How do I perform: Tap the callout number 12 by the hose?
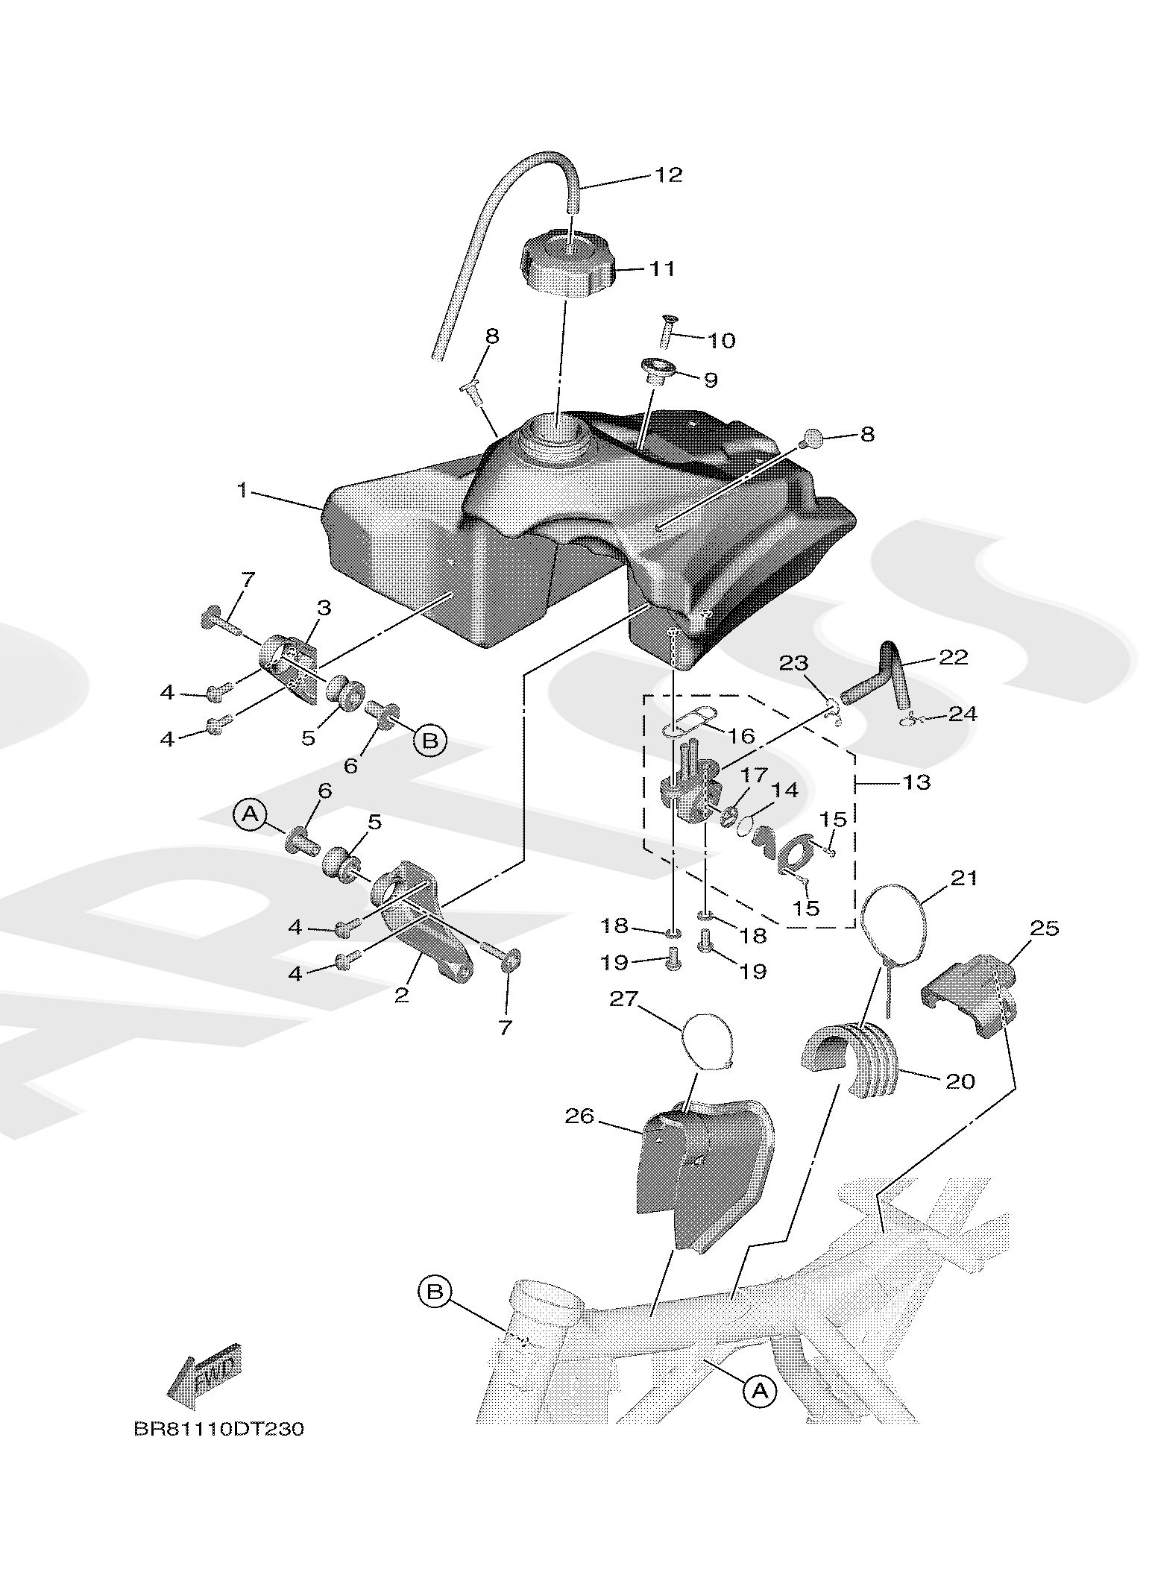[x=668, y=175]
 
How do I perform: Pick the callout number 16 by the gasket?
[x=742, y=736]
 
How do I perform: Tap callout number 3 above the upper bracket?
[x=324, y=607]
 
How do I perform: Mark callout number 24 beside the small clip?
[x=963, y=714]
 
